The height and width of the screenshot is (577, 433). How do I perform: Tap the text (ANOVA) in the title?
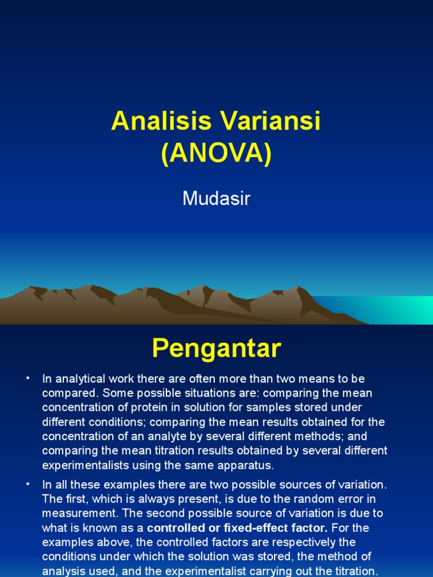click(216, 154)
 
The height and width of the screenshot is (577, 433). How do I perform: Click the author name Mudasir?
click(216, 198)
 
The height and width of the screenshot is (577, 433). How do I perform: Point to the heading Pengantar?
click(216, 349)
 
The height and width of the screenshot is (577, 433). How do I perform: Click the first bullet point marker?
click(26, 378)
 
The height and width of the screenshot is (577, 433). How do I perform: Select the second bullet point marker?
click(26, 483)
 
